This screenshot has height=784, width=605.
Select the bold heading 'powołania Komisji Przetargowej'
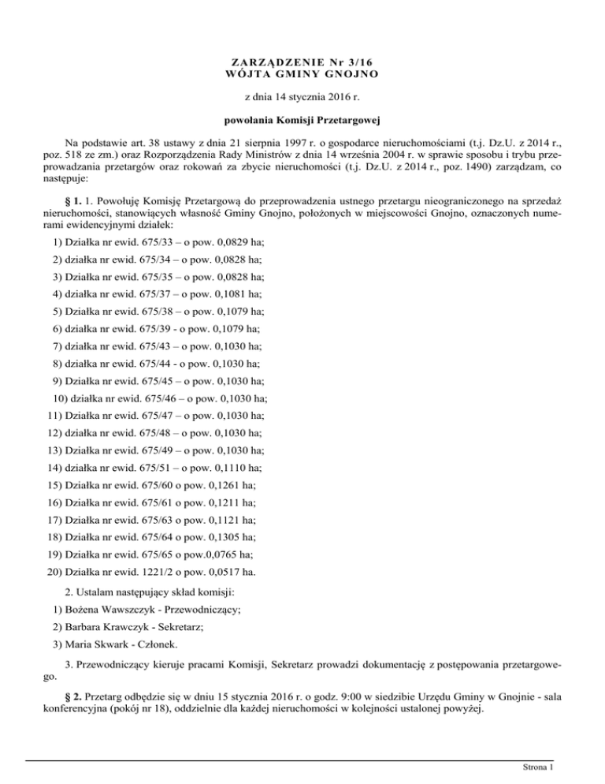[x=302, y=121]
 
